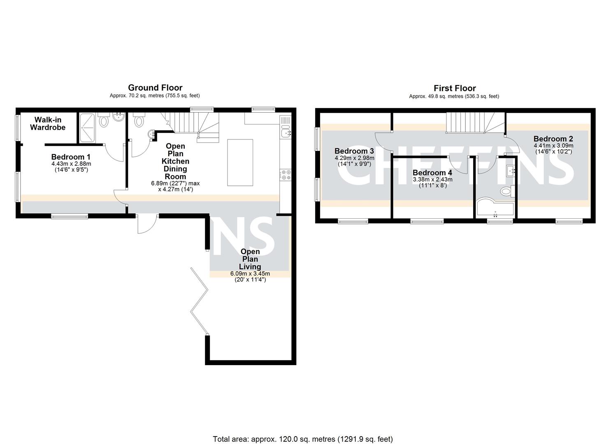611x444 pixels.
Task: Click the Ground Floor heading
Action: [x=155, y=88]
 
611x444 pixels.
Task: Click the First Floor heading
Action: [x=455, y=88]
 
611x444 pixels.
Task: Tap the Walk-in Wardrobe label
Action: [x=48, y=123]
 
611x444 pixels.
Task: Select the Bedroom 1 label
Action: [x=71, y=157]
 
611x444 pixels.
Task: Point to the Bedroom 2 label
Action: [x=553, y=139]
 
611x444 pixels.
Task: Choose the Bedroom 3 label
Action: [x=354, y=151]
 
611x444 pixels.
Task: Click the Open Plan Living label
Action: [x=250, y=259]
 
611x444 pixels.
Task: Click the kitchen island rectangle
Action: [x=240, y=162]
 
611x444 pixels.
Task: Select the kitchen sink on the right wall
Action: [x=285, y=132]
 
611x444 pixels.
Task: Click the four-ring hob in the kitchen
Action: [x=286, y=175]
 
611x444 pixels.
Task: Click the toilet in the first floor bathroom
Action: [x=505, y=191]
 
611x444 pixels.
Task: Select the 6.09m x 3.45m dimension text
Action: [x=250, y=274]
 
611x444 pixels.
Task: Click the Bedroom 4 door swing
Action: [x=458, y=164]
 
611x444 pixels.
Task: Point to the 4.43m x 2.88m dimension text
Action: [x=71, y=164]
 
